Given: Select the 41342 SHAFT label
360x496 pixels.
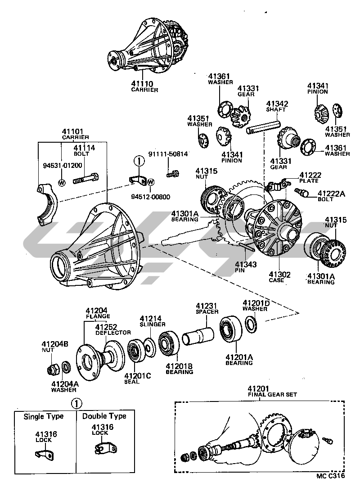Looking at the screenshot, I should click(x=277, y=106).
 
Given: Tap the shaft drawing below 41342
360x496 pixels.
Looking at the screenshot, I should click(x=264, y=127).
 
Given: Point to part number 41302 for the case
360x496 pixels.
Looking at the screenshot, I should click(x=280, y=274).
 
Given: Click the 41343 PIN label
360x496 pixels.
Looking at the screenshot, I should click(x=246, y=267).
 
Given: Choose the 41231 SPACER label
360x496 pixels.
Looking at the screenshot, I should click(x=207, y=308).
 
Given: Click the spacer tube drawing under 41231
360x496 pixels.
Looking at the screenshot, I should click(x=200, y=337).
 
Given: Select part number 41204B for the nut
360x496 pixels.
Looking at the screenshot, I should click(x=55, y=344).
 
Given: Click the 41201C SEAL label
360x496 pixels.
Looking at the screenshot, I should click(x=137, y=379).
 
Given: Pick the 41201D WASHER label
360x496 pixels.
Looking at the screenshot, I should click(x=256, y=306).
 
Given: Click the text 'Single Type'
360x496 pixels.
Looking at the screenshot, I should click(x=44, y=416).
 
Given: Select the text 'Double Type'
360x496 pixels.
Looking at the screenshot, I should click(x=104, y=416).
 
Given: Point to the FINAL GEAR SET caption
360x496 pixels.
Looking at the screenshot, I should click(x=273, y=394).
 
